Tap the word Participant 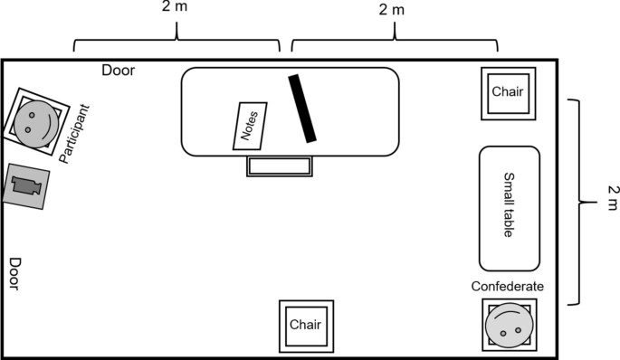pos(77,134)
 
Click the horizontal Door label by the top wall pos(119,70)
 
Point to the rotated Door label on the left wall pos(15,274)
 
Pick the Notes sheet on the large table pos(250,126)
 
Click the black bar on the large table pos(302,108)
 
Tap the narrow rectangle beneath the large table pos(280,166)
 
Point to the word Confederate pos(508,287)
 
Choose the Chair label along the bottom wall pos(306,324)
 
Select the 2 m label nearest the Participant pos(176,9)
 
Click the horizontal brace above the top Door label pos(176,41)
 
